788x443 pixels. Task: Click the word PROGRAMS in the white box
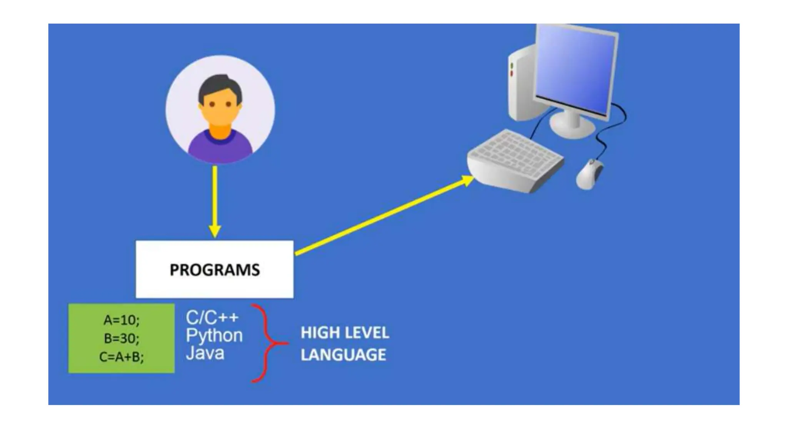215,270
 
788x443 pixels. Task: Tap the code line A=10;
122,320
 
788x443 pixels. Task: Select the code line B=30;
122,338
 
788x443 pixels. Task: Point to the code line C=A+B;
122,357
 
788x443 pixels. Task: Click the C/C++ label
212,318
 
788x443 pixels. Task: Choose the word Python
214,336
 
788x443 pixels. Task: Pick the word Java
205,353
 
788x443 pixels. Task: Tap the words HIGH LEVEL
345,333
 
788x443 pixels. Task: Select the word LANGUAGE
343,355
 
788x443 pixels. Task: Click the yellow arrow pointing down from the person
215,200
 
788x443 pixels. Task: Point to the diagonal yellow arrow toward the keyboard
385,215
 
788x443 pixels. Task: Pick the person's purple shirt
220,148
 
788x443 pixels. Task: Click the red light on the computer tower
512,73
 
